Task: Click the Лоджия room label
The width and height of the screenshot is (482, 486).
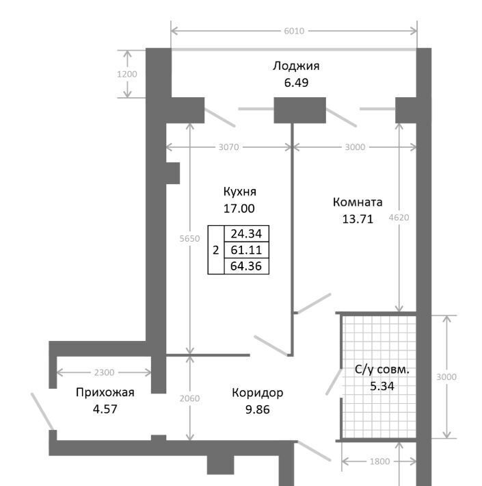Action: point(295,66)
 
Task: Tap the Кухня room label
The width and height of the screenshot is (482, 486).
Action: point(239,192)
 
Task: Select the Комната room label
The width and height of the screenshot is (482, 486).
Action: point(358,202)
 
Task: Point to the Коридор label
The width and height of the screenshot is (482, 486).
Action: point(257,393)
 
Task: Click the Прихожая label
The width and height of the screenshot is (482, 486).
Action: point(105,392)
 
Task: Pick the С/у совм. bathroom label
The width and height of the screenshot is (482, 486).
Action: point(382,370)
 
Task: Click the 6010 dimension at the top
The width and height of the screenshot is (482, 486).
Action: point(294,31)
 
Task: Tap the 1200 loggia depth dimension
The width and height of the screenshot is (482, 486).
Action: point(127,75)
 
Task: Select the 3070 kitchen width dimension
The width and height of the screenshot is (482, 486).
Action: point(229,147)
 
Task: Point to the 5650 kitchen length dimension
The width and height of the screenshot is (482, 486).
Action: point(190,239)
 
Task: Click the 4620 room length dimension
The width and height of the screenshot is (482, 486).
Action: point(399,218)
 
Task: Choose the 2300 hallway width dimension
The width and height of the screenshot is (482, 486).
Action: point(104,372)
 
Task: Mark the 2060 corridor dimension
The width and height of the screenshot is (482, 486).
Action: point(190,398)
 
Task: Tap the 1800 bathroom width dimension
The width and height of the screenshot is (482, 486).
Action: point(380,461)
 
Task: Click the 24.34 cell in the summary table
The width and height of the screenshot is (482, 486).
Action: point(246,233)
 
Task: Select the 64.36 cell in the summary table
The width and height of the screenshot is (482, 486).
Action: point(246,266)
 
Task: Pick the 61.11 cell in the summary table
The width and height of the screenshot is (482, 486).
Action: point(246,250)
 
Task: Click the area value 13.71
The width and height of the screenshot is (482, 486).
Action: point(358,219)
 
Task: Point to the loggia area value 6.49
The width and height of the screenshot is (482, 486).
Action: point(296,83)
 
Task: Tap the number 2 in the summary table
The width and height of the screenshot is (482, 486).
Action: point(216,250)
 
